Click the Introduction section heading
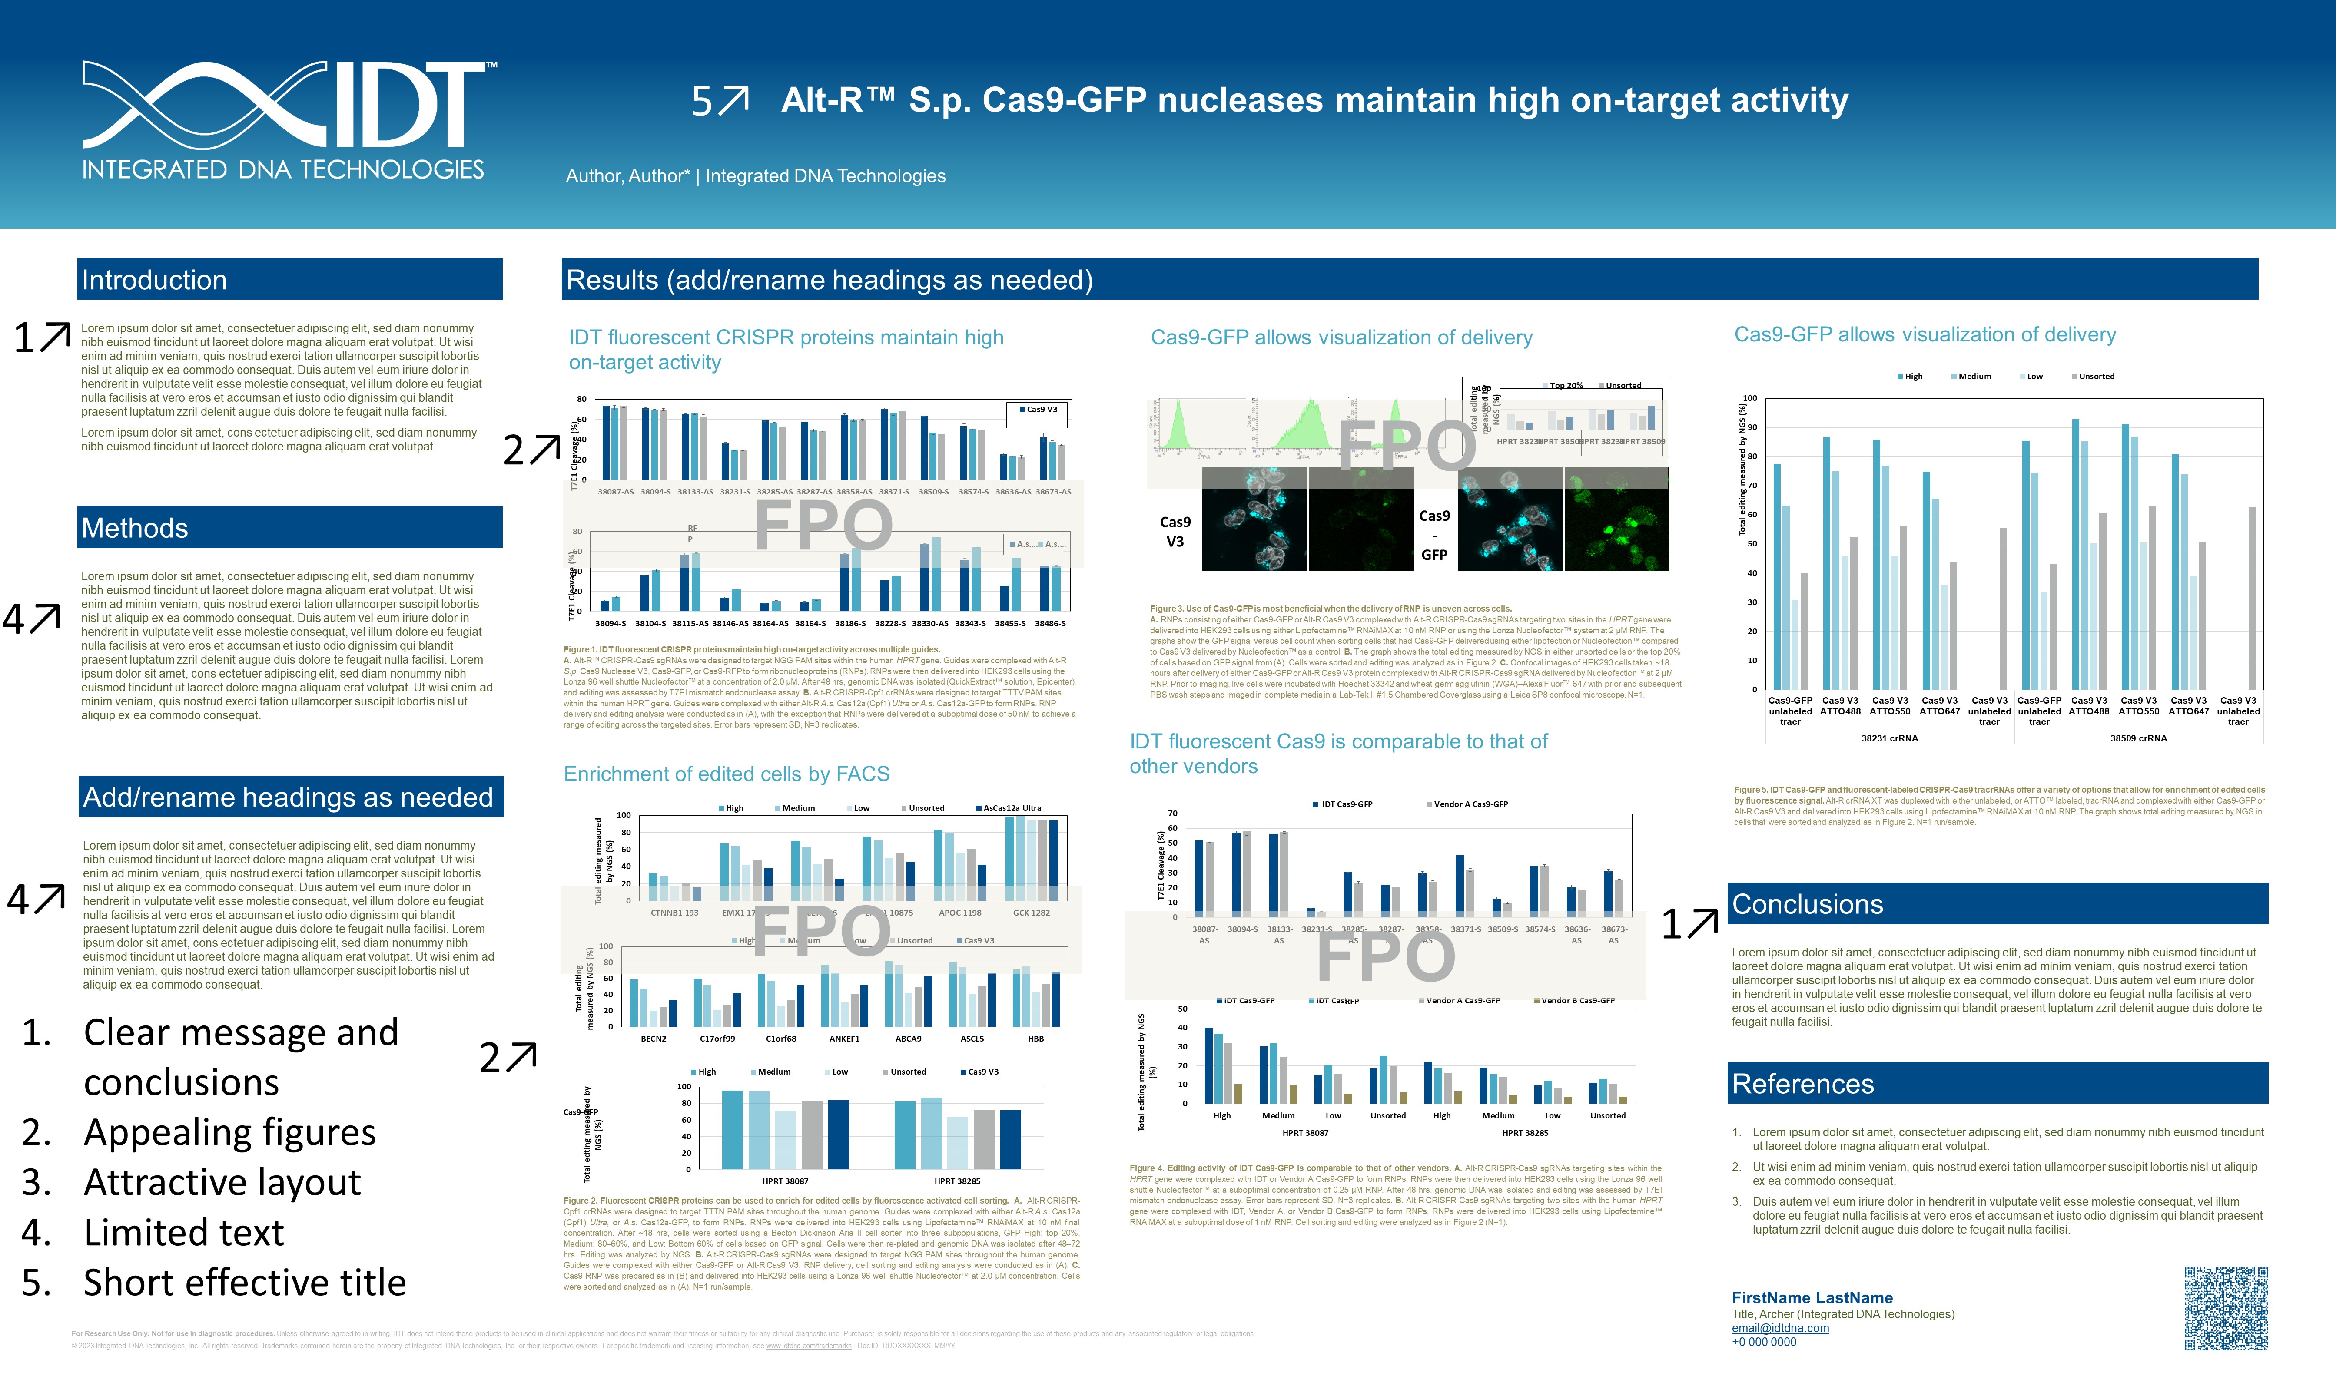click(x=154, y=280)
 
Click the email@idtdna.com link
click(x=1779, y=1328)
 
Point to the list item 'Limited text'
click(x=184, y=1232)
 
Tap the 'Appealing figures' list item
click(x=229, y=1132)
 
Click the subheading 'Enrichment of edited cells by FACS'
click(x=726, y=774)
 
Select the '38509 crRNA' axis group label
click(x=2137, y=738)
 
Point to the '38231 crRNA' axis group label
click(x=1889, y=738)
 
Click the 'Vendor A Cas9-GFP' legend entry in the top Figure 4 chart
click(x=1470, y=804)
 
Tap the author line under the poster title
click(x=755, y=176)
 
